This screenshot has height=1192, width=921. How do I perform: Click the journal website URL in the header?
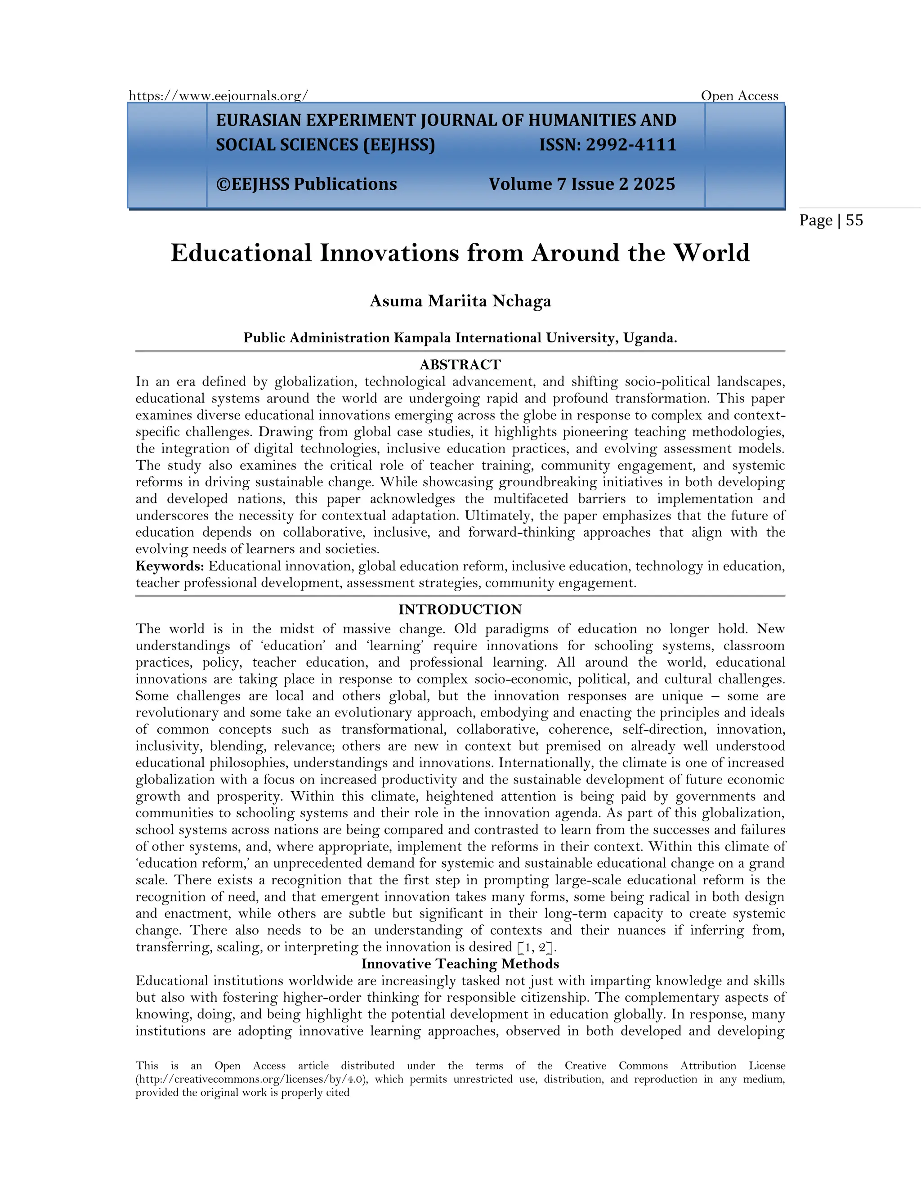point(218,96)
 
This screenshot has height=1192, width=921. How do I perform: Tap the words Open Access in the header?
point(739,96)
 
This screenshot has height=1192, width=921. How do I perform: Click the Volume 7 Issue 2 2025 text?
point(581,184)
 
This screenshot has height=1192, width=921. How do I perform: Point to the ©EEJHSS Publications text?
point(307,184)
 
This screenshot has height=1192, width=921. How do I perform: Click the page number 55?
point(854,220)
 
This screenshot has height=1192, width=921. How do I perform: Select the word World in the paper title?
point(711,253)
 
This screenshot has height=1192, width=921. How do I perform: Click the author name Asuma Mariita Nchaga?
point(460,301)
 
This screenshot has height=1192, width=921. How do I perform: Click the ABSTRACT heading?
point(460,365)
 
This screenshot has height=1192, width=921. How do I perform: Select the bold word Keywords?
point(170,566)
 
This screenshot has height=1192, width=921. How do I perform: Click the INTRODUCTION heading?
point(460,609)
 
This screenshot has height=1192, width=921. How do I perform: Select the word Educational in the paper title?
point(241,253)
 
